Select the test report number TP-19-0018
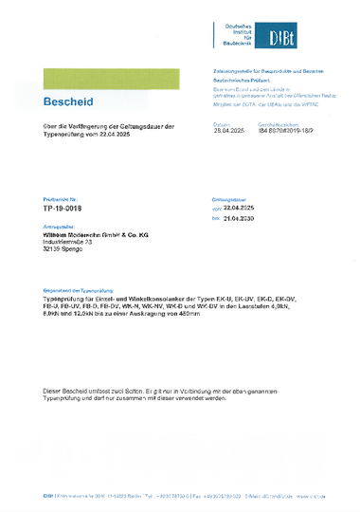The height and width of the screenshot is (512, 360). [x=63, y=207]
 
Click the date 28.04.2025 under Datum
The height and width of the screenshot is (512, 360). [x=231, y=140]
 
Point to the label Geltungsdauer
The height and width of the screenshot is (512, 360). [x=229, y=199]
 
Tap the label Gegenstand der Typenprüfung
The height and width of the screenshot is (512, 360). [x=79, y=289]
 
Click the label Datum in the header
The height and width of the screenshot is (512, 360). [x=222, y=135]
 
